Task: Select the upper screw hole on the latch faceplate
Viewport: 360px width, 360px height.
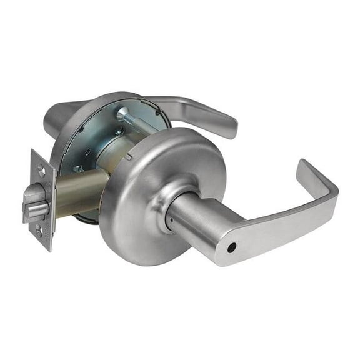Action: [41, 167]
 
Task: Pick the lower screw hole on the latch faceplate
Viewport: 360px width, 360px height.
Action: [40, 232]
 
